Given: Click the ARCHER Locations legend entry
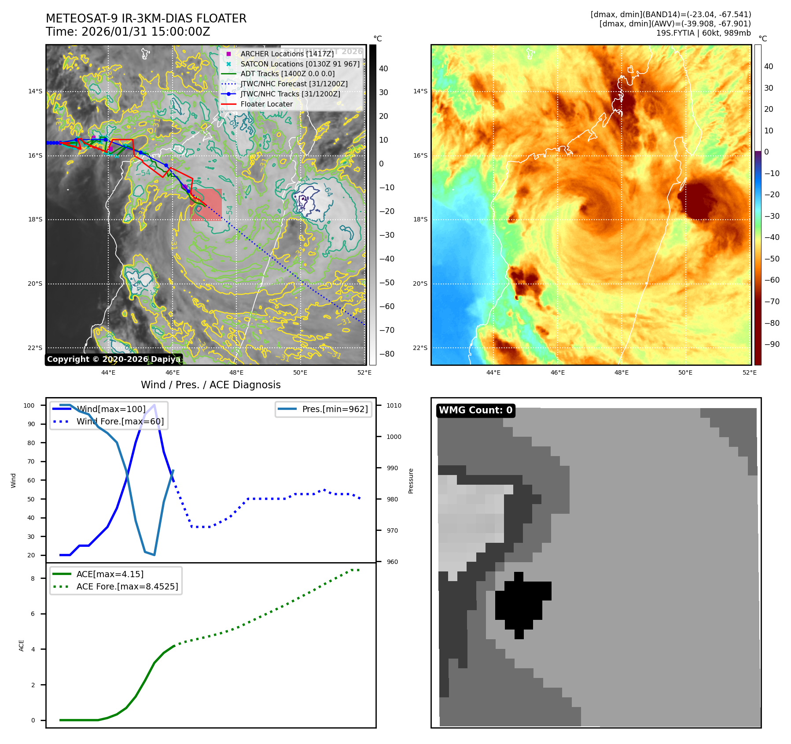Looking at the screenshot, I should click(x=287, y=54).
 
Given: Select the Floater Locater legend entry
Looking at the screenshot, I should click(x=266, y=104).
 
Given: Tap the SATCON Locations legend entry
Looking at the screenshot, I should click(x=300, y=64).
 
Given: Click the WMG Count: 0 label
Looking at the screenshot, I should click(x=475, y=410).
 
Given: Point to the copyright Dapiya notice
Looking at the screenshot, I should click(x=114, y=359).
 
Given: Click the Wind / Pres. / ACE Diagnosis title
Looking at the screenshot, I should click(x=210, y=385).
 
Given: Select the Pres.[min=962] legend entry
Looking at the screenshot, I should click(x=335, y=409).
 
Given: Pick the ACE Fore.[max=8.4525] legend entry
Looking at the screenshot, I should click(x=127, y=586).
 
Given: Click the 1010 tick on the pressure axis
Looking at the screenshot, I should click(x=394, y=405).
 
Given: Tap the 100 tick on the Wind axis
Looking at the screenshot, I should click(x=29, y=405).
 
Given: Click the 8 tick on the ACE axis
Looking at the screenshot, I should click(x=33, y=578).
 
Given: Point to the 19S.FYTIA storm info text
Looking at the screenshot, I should click(x=703, y=33).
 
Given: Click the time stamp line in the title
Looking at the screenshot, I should click(x=128, y=32).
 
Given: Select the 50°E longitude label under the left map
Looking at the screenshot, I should click(x=300, y=372).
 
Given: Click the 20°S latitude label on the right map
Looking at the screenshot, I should click(x=420, y=284).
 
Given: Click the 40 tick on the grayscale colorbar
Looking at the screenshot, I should click(x=383, y=69).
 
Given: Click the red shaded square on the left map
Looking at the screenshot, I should click(x=206, y=205).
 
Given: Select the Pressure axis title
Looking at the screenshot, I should click(x=411, y=481).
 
